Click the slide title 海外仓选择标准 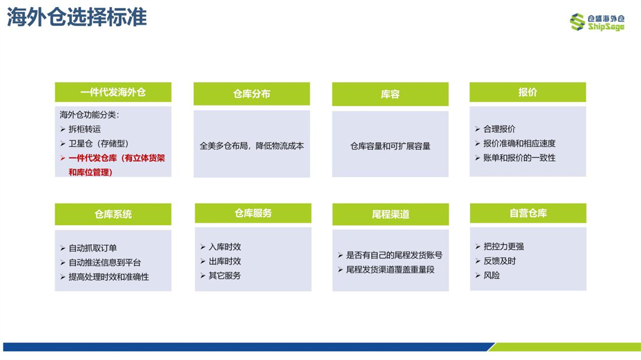pyautogui.click(x=77, y=18)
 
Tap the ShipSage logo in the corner pyautogui.click(x=597, y=22)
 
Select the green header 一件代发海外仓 pyautogui.click(x=113, y=93)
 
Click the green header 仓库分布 pyautogui.click(x=252, y=94)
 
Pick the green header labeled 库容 pyautogui.click(x=391, y=94)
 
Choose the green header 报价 pyautogui.click(x=528, y=93)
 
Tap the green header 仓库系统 pyautogui.click(x=113, y=214)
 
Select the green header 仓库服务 pyautogui.click(x=253, y=214)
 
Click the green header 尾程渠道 pyautogui.click(x=391, y=214)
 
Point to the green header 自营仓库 pyautogui.click(x=528, y=214)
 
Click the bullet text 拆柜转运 pyautogui.click(x=85, y=129)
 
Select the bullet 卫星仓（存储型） pyautogui.click(x=99, y=144)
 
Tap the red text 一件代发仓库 pyautogui.click(x=93, y=158)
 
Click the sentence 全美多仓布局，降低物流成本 pyautogui.click(x=252, y=146)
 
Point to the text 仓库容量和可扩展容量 pyautogui.click(x=391, y=146)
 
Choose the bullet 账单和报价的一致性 pyautogui.click(x=519, y=158)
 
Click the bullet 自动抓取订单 pyautogui.click(x=93, y=248)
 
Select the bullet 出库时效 pyautogui.click(x=225, y=261)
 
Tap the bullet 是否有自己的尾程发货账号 pyautogui.click(x=394, y=256)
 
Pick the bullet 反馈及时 pyautogui.click(x=500, y=261)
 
